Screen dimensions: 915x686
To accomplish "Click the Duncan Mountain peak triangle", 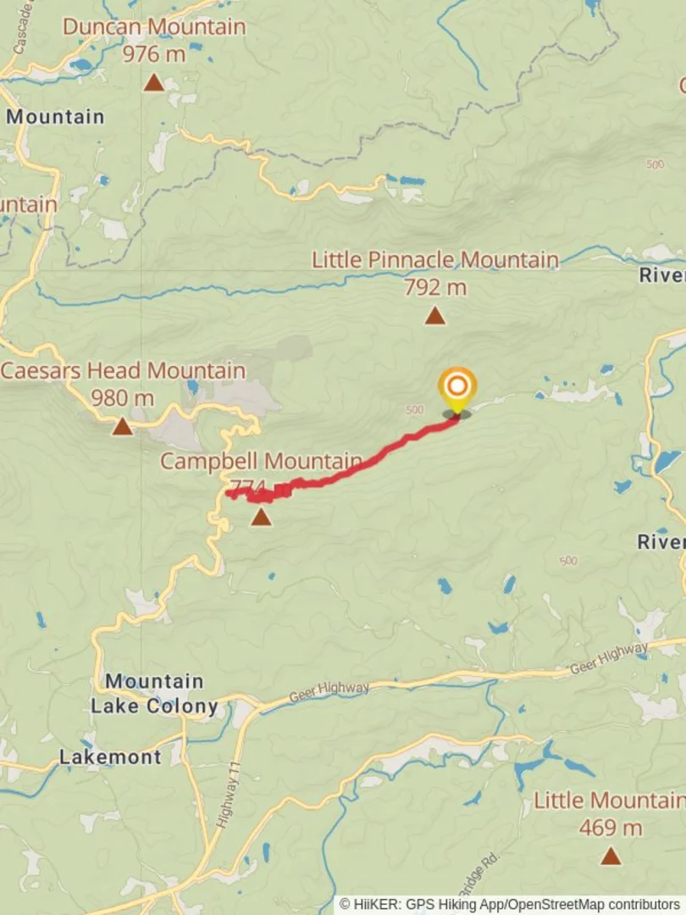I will point(153,82).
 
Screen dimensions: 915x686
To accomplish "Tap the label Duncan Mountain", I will point(154,26).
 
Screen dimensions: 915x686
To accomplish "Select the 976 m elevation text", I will point(153,54).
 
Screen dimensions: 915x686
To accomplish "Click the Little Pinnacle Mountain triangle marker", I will point(435,316).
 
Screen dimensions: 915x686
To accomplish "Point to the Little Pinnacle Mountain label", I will point(435,259).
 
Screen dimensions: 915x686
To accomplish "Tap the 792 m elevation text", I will point(435,287).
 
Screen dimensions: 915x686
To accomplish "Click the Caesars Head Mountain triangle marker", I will point(123,426).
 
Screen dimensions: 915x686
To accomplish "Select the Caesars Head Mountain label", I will point(124,370).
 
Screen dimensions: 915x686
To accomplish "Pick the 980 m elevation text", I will point(124,397).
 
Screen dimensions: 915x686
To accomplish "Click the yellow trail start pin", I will point(457,389).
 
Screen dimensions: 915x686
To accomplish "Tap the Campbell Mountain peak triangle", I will point(262,517).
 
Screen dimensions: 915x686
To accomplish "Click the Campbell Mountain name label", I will point(261,462).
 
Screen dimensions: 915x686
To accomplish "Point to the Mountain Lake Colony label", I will point(154,693).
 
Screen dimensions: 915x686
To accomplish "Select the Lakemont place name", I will point(110,757).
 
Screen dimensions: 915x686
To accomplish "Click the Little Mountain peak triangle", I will point(611,857).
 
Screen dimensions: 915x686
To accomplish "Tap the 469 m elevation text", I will point(611,828).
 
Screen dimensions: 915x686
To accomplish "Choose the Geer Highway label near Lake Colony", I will point(329,692).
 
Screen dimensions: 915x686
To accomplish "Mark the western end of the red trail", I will point(229,494).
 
